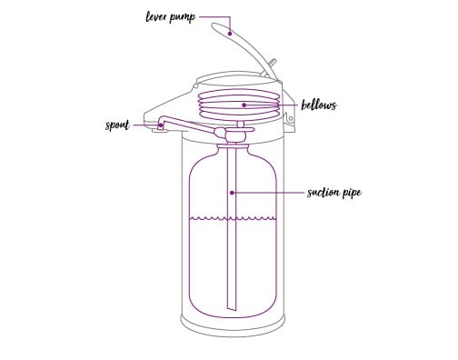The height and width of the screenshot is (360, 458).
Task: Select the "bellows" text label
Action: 320,105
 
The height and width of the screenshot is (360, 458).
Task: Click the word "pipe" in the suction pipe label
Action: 354,194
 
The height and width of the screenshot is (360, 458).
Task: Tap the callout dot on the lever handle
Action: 231,33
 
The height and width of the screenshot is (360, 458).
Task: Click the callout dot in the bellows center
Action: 244,105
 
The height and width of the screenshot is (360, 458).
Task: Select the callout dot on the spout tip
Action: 160,125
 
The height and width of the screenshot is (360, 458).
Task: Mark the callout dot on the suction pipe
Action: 233,192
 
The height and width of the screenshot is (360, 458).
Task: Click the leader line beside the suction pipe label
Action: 273,192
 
